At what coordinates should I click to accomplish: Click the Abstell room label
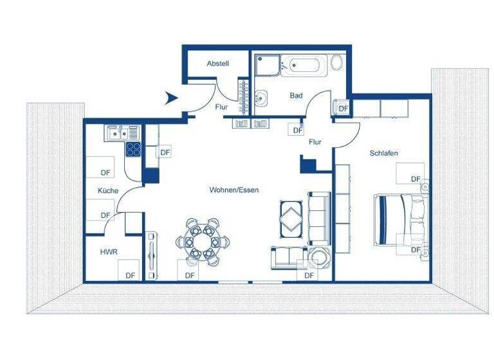(218, 64)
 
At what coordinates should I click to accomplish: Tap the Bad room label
(296, 96)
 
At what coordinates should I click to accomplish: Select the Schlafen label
(384, 153)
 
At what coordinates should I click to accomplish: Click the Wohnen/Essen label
(233, 190)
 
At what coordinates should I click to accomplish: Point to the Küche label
(108, 191)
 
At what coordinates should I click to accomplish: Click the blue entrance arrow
(170, 98)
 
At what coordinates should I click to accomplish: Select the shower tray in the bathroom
(267, 66)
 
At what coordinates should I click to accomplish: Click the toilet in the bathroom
(336, 63)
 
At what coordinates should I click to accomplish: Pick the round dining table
(202, 242)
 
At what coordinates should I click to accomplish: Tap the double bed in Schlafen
(399, 219)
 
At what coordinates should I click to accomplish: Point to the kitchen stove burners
(133, 149)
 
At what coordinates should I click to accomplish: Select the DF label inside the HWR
(131, 275)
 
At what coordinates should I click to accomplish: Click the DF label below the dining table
(190, 275)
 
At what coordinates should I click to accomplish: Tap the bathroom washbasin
(261, 98)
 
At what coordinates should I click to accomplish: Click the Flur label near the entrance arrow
(221, 107)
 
